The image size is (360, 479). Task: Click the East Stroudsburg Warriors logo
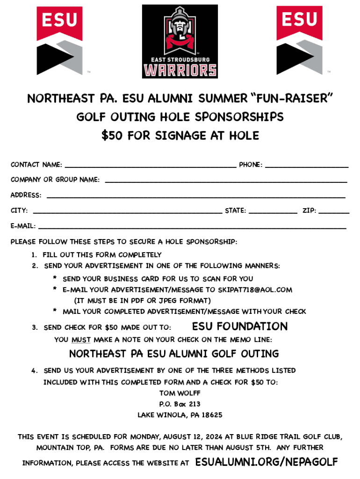point(180,42)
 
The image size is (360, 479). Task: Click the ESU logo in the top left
point(60,40)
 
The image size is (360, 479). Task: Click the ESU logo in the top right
point(299,40)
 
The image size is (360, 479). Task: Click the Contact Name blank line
point(151,166)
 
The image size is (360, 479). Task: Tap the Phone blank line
point(307,166)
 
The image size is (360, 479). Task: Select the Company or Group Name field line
point(226,181)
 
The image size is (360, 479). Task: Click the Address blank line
point(196,196)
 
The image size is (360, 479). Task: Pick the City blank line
point(127,212)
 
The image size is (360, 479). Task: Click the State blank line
point(273,212)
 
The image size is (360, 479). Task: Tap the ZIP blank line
point(334,212)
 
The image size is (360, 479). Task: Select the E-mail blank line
point(192,227)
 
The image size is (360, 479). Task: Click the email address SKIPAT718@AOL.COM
point(255,290)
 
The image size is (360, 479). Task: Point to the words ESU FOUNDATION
point(240,326)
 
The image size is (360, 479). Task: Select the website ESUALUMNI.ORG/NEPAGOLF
point(266,462)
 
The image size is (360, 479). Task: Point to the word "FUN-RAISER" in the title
point(293,99)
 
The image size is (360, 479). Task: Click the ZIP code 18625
point(211,415)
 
